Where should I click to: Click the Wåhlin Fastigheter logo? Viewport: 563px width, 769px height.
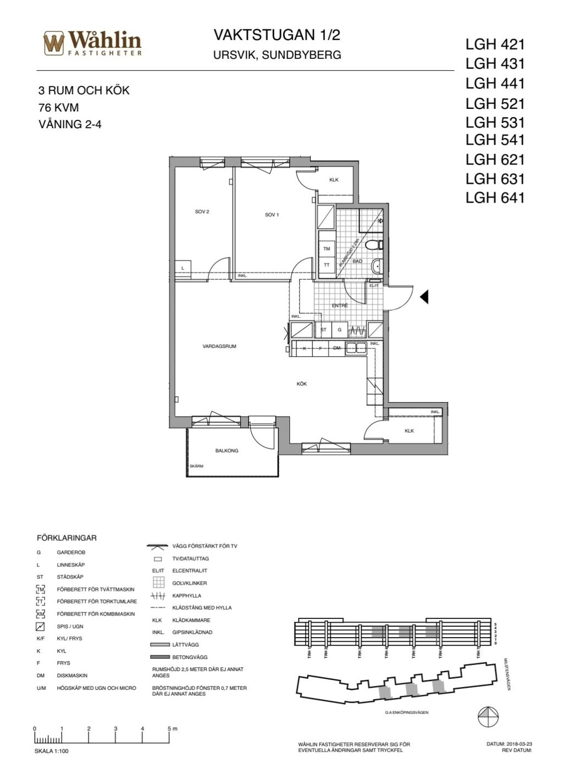(x=92, y=43)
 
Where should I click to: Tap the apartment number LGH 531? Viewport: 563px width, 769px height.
(x=495, y=122)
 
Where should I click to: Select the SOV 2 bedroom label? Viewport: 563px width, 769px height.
(x=202, y=212)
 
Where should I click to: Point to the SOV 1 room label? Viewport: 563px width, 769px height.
(x=272, y=214)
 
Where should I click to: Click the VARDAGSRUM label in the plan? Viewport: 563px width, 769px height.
(x=219, y=346)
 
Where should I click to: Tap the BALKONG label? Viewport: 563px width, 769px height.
(x=227, y=451)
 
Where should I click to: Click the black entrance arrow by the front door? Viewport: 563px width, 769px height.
(x=424, y=297)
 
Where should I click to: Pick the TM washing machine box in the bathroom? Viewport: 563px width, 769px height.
(x=327, y=249)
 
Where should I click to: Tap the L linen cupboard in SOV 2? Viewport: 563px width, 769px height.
(x=183, y=268)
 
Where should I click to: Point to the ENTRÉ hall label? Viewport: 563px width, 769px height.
(x=340, y=306)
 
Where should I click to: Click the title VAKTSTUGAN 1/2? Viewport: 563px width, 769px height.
(x=277, y=36)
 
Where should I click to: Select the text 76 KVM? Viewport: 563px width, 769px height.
(x=59, y=108)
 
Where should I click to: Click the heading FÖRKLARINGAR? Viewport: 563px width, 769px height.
(x=67, y=538)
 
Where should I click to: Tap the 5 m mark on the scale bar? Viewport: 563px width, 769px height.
(x=171, y=729)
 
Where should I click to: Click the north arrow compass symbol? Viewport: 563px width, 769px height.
(x=488, y=716)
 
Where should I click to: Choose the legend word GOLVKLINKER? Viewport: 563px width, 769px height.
(x=190, y=583)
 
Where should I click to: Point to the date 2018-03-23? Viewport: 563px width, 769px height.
(x=518, y=744)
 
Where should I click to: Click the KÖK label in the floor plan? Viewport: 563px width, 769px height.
(x=301, y=384)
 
